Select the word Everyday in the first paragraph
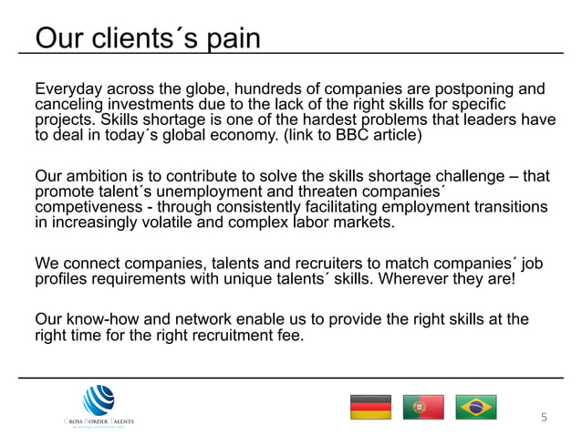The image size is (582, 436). click(x=69, y=89)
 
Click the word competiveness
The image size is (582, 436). click(x=88, y=207)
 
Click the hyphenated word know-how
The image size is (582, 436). click(x=100, y=319)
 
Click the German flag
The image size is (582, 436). click(x=370, y=406)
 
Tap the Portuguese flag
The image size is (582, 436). click(x=423, y=406)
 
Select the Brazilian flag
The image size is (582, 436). click(x=476, y=406)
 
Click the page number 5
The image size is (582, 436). click(x=545, y=418)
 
